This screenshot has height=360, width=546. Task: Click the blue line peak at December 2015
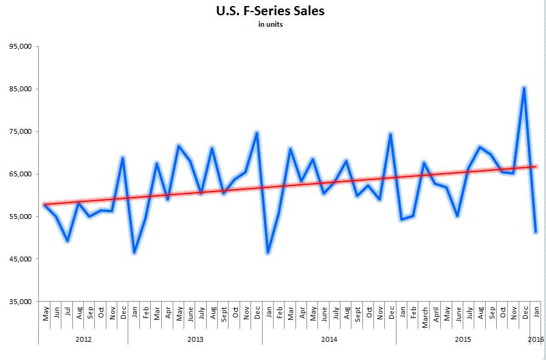pyautogui.click(x=524, y=88)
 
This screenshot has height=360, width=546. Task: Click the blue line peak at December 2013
pyautogui.click(x=257, y=133)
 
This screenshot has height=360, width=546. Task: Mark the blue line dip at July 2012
pyautogui.click(x=67, y=241)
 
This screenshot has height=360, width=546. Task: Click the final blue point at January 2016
pyautogui.click(x=535, y=232)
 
